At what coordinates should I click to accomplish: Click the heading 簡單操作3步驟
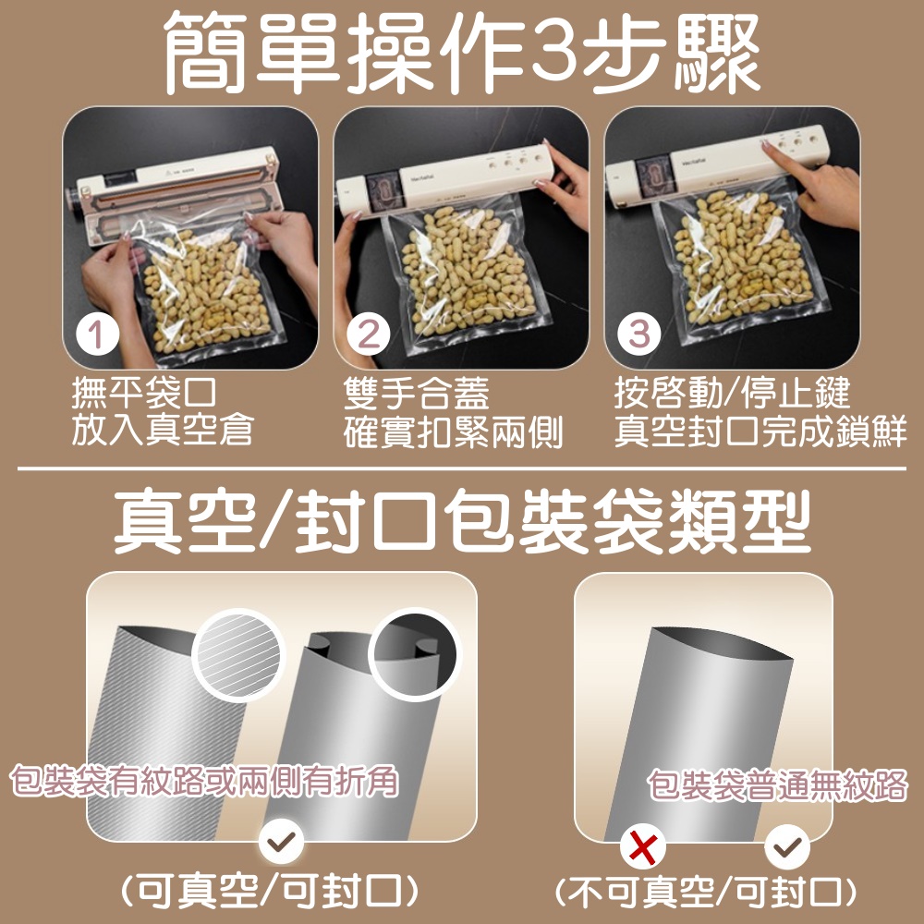pos(461,53)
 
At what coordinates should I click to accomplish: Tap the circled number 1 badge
pos(97,334)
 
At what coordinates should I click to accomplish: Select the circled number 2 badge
pos(369,334)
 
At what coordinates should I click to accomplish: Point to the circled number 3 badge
pos(639,334)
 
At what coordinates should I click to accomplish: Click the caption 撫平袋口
pos(144,393)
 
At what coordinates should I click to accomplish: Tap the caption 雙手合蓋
pos(416,393)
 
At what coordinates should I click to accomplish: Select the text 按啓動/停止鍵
pos(732,393)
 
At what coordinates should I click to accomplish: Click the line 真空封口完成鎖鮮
pos(760,431)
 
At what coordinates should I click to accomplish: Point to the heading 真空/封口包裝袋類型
pos(462,522)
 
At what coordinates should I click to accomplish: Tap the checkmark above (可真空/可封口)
pos(281,841)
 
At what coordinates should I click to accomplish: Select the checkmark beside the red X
pos(787,846)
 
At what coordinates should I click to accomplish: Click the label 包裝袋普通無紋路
pos(777,785)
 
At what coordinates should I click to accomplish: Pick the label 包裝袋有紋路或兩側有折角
pos(204,781)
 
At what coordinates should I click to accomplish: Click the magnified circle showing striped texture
pos(238,655)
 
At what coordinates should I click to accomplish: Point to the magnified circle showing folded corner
pos(415,655)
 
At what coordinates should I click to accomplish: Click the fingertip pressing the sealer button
pos(765,145)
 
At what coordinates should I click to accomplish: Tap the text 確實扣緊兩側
pos(453,432)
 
